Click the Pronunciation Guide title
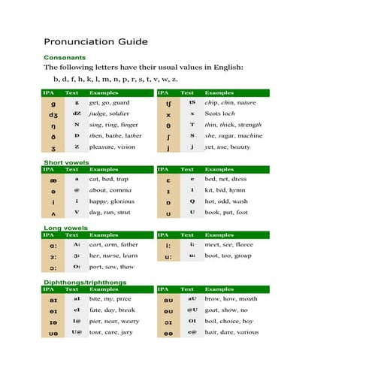pyautogui.click(x=95, y=42)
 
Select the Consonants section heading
pyautogui.click(x=64, y=57)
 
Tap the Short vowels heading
pyautogui.click(x=65, y=162)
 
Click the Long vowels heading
pyautogui.click(x=64, y=227)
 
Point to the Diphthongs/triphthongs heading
pyautogui.click(x=85, y=282)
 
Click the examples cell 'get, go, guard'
pyautogui.click(x=110, y=102)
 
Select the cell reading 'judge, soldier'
pyautogui.click(x=111, y=113)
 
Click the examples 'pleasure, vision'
pyautogui.click(x=113, y=147)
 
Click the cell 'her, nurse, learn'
pyautogui.click(x=113, y=256)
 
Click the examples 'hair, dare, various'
pyautogui.click(x=232, y=332)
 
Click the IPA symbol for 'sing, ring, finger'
pyautogui.click(x=53, y=125)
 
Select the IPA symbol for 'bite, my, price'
pyautogui.click(x=53, y=299)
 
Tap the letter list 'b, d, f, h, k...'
pyautogui.click(x=115, y=79)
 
